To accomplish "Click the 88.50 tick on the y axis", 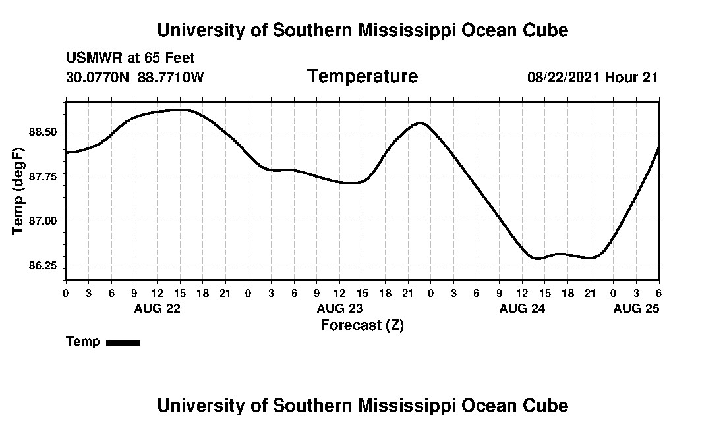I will tap(43, 132).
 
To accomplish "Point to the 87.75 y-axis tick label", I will tap(43, 176).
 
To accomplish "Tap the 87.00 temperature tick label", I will tap(43, 221).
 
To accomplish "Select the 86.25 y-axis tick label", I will tap(43, 265).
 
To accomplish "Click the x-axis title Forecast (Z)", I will tap(362, 325).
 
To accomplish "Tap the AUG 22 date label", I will tap(157, 308).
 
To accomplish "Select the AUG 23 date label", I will tap(339, 308).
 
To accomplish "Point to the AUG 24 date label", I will tap(523, 308).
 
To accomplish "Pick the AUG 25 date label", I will tap(636, 308).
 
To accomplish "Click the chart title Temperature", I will tap(362, 77).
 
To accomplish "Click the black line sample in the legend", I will tap(123, 342).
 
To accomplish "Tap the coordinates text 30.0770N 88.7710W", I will tap(135, 77).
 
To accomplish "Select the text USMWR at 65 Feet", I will tap(130, 58).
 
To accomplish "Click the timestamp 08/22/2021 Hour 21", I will tap(593, 77).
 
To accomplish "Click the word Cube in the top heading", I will tap(546, 30).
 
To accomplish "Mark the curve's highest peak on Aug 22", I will tap(181, 109).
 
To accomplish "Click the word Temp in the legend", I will tap(83, 342).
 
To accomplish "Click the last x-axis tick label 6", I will tap(658, 292).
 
